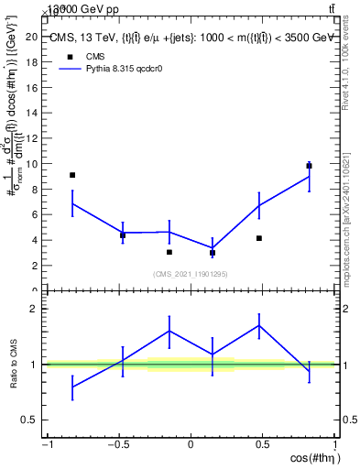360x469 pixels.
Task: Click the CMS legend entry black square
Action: [70, 57]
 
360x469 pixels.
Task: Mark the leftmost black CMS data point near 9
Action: [72, 175]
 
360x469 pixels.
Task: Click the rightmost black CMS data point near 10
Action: [310, 166]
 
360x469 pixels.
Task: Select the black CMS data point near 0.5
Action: [259, 238]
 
